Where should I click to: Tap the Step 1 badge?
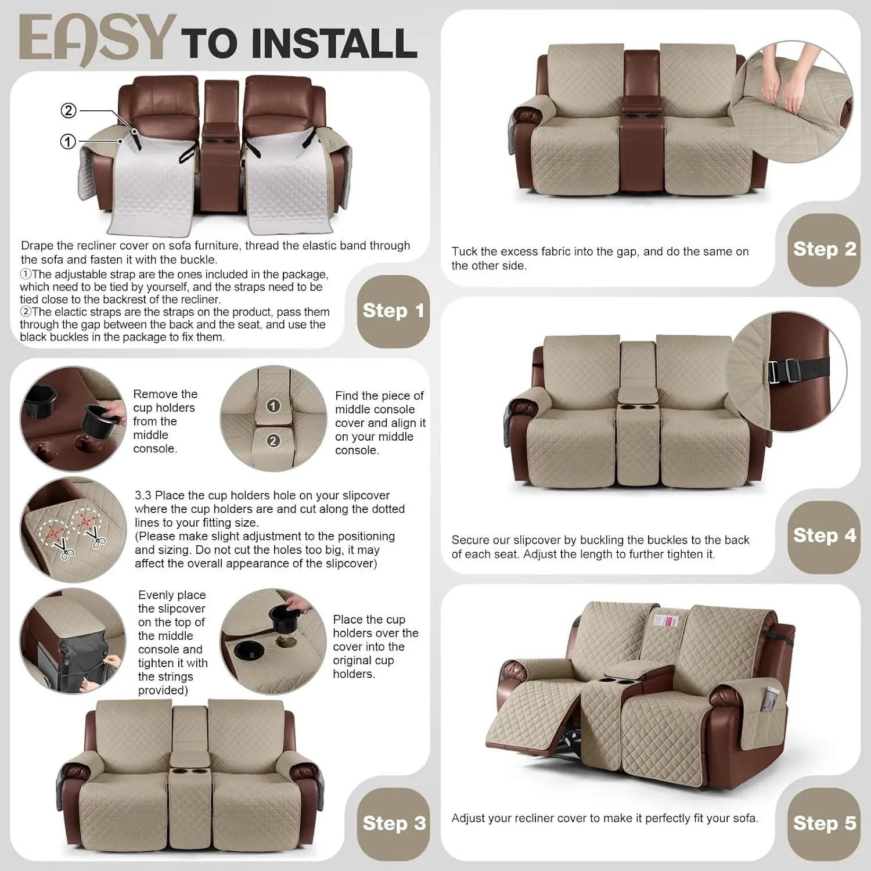(x=393, y=311)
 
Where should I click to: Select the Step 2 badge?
(x=824, y=249)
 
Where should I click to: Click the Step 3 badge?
(x=394, y=823)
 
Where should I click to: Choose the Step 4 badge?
(x=824, y=535)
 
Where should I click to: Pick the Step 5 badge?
(x=824, y=823)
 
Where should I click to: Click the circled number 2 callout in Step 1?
(x=69, y=110)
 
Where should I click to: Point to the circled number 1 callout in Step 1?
(x=69, y=141)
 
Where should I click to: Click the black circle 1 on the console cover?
(x=273, y=406)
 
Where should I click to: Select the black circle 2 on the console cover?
(x=273, y=441)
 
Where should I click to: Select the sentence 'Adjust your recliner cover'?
(x=604, y=818)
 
